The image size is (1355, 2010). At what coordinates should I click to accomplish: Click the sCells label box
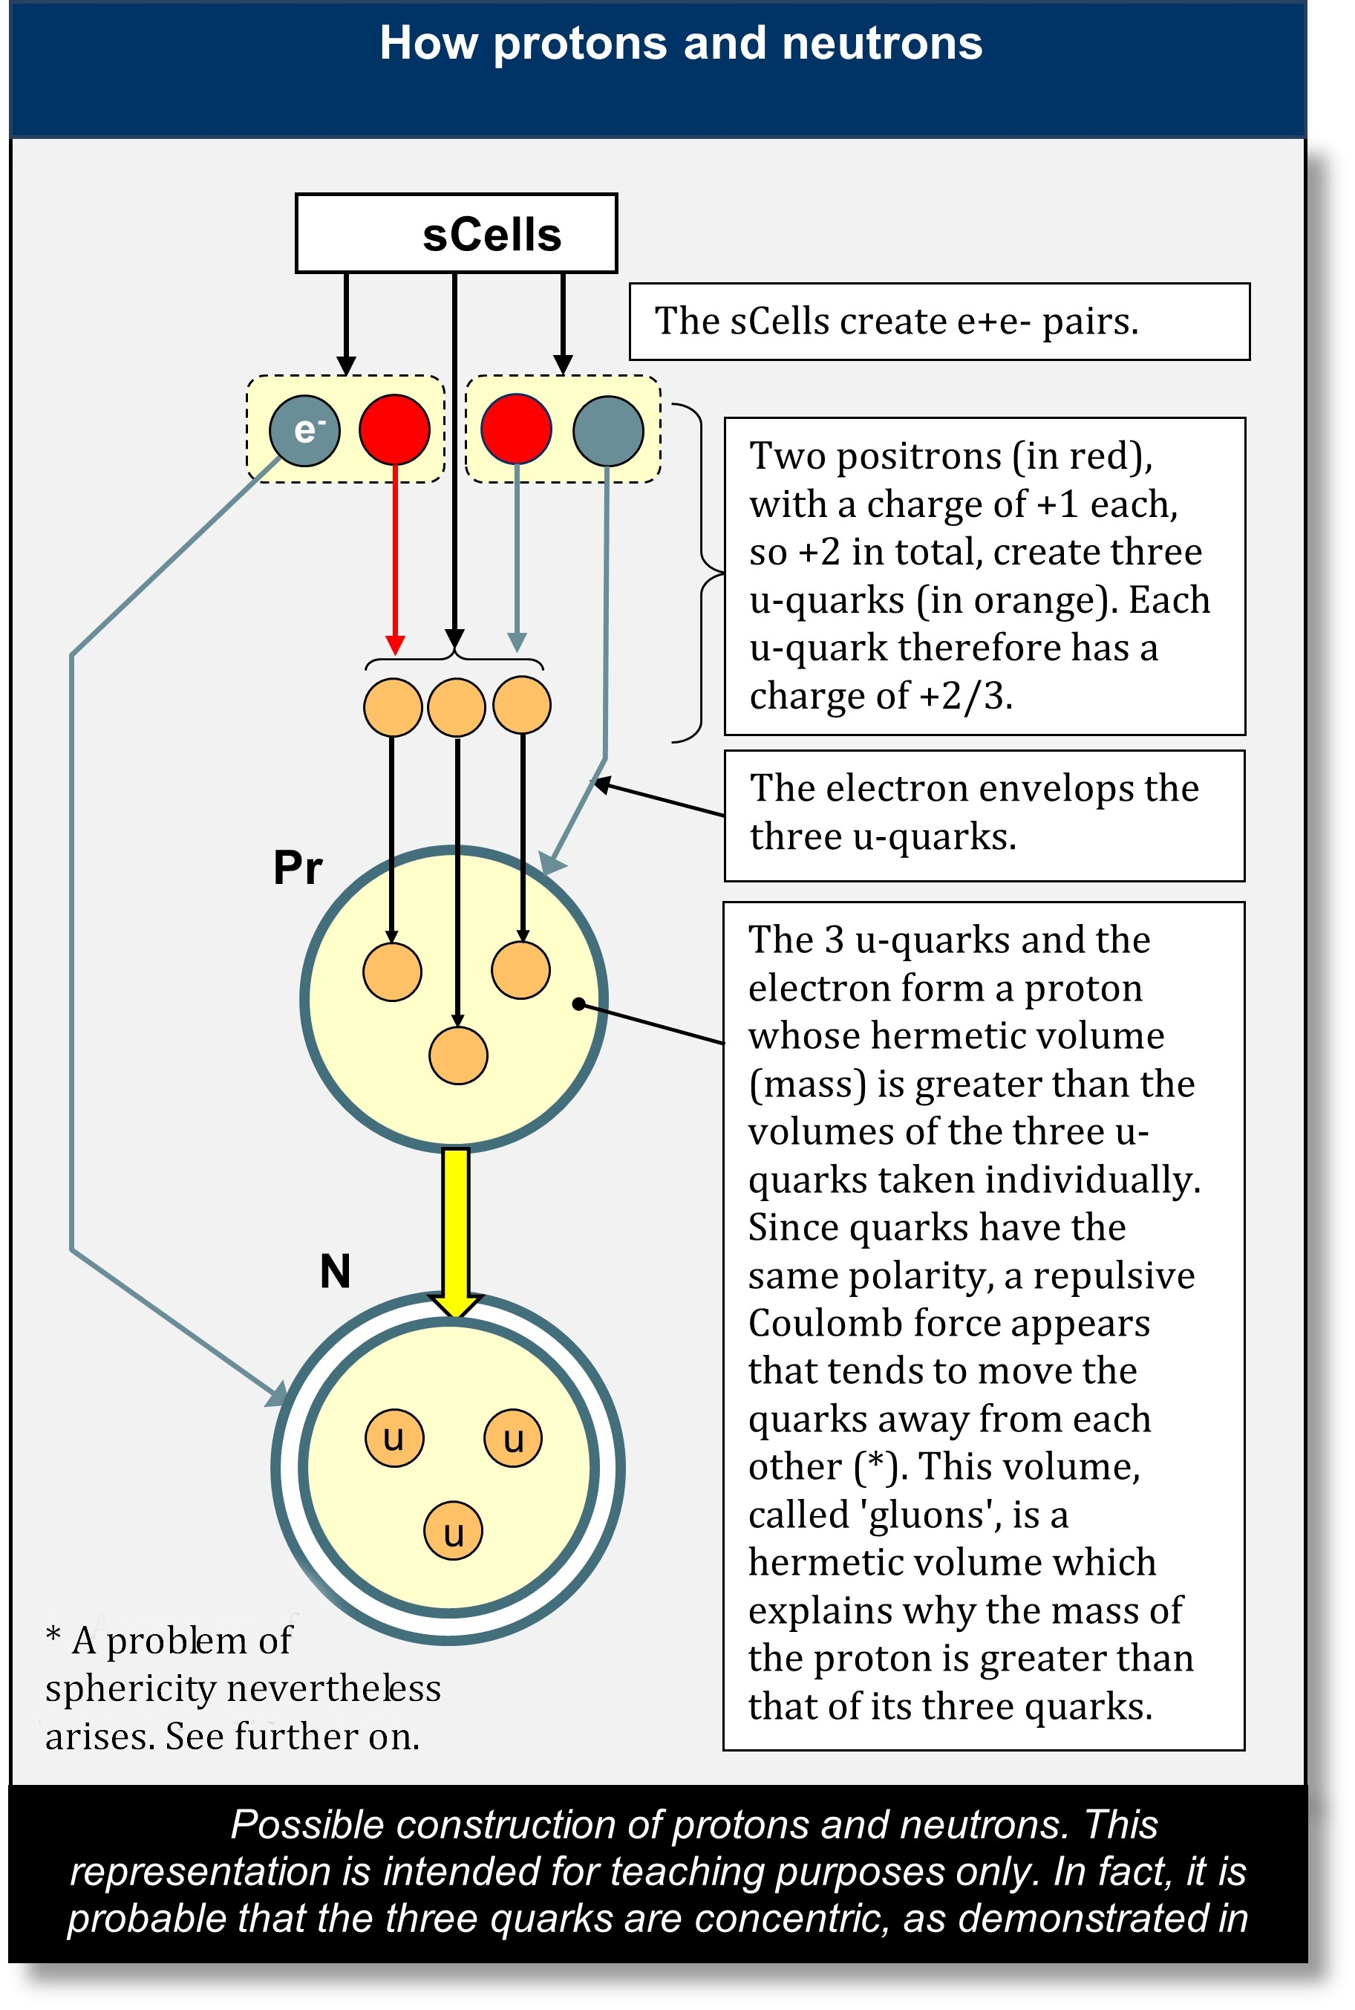[457, 233]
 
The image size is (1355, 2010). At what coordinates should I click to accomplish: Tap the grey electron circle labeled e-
[304, 431]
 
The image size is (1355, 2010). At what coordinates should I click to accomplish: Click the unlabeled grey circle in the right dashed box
[608, 431]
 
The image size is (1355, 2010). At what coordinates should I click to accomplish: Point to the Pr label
[297, 867]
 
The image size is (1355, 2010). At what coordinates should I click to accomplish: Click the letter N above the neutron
[336, 1271]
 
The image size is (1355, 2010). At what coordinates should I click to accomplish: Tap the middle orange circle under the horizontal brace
[457, 706]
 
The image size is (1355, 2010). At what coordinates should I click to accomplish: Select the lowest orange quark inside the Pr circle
[458, 1055]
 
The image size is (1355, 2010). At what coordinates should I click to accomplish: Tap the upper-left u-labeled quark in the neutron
[394, 1438]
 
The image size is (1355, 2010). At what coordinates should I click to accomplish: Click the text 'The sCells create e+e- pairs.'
[896, 322]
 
